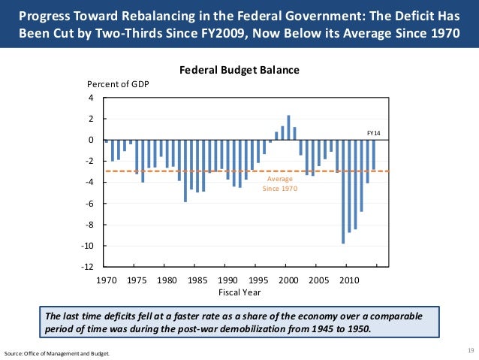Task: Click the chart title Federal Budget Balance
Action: tap(239, 70)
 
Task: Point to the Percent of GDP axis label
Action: tap(119, 83)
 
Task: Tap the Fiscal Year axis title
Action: tap(239, 292)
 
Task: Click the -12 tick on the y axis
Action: tap(88, 268)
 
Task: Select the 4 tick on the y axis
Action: tap(91, 98)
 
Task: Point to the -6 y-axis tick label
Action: tap(89, 204)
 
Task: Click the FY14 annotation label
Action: tap(373, 133)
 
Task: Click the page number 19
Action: tap(471, 351)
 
